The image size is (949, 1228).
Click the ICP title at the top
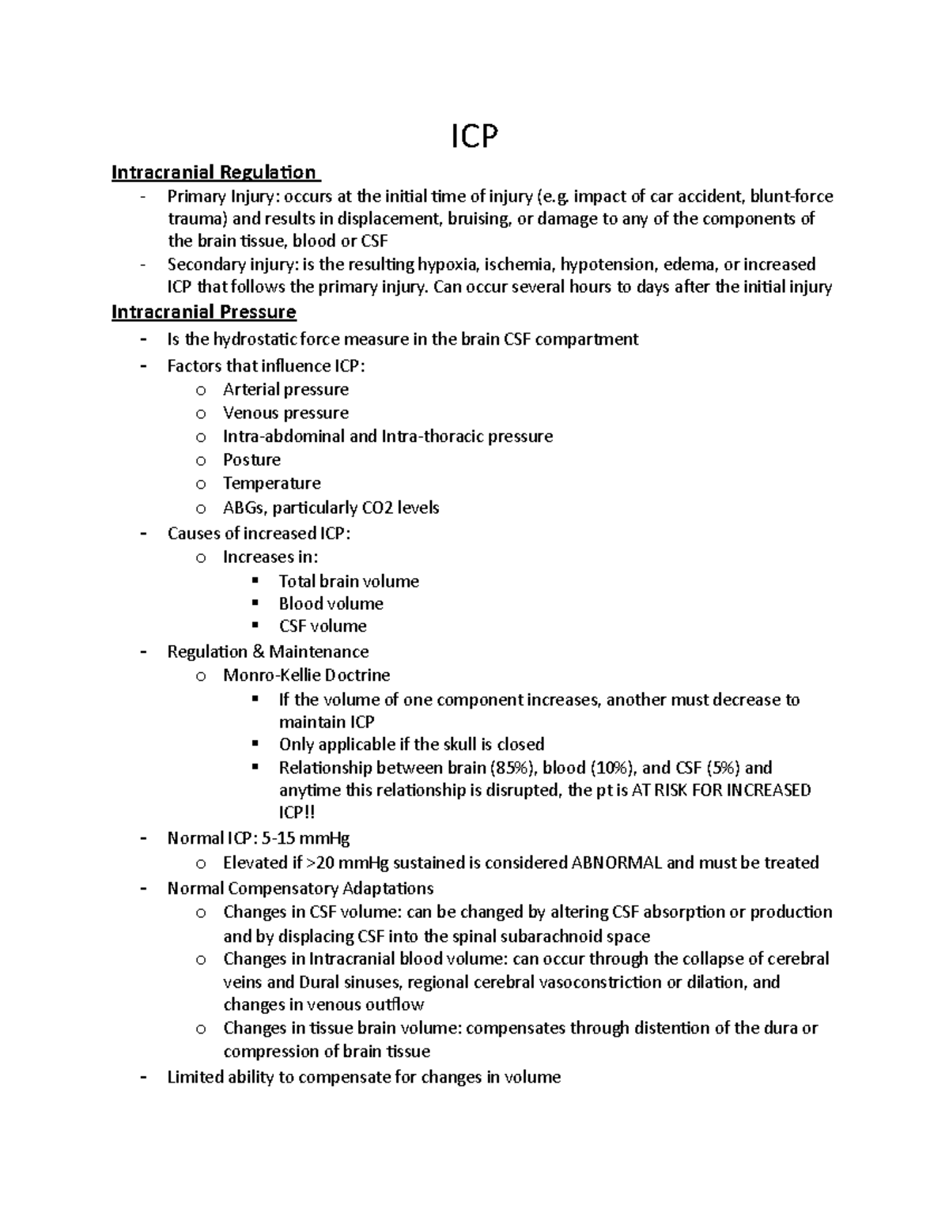pos(475,138)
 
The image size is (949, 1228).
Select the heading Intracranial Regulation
pos(214,172)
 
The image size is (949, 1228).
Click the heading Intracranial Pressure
pos(203,312)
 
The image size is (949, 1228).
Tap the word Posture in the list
pos(251,460)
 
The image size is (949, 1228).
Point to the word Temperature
pos(271,483)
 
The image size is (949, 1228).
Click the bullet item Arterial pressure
pos(285,390)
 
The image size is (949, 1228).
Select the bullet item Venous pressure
pos(285,413)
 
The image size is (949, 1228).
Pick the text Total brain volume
pos(349,581)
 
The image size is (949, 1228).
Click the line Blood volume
pos(331,604)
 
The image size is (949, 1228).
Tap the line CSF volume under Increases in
pos(323,626)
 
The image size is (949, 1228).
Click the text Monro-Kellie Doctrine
pos(306,675)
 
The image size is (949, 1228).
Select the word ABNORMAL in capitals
pos(616,863)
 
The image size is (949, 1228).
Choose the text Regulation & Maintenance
pos(267,652)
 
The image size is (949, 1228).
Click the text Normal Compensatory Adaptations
pos(300,888)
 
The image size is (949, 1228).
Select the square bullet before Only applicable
pos(255,743)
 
